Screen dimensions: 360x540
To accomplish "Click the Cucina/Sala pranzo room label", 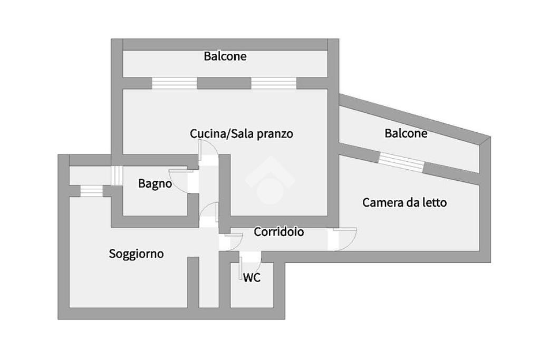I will pos(242,134).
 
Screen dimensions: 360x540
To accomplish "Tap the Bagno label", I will pos(155,183).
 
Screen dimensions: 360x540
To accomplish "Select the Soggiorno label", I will pos(136,254).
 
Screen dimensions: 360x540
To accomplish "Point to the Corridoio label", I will pos(279,231).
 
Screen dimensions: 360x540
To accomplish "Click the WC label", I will pos(252,278).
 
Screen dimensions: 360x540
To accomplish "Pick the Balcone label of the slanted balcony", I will pos(406,133).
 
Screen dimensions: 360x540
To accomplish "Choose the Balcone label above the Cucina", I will pos(225,56).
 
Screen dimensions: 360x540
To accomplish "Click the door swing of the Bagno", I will pos(179,179).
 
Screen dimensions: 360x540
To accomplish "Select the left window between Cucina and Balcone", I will pos(175,83).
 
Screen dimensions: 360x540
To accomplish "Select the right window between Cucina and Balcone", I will pos(274,83).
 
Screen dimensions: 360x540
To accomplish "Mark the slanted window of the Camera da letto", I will pos(401,162).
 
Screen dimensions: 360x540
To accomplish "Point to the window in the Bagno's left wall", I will pos(116,176).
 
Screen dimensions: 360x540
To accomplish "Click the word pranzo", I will pos(275,134).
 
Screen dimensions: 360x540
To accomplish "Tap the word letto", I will pos(434,202).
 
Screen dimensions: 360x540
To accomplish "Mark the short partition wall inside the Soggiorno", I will pos(194,282).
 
